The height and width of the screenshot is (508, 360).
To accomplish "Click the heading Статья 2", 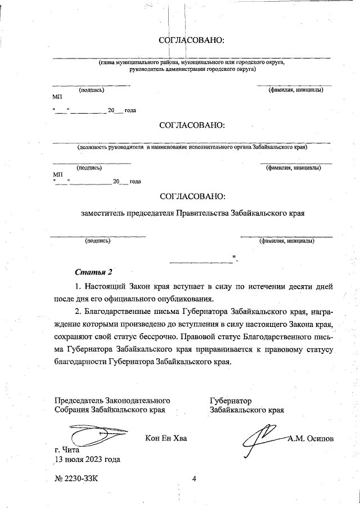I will click(x=91, y=273).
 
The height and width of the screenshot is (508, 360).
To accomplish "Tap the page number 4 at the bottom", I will click(x=193, y=479).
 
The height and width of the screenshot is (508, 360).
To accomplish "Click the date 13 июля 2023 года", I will click(x=87, y=459).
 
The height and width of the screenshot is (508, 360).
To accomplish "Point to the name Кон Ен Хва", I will click(x=165, y=438).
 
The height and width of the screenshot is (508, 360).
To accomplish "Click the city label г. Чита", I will click(x=66, y=450).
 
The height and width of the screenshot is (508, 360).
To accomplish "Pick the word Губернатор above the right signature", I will click(x=231, y=401).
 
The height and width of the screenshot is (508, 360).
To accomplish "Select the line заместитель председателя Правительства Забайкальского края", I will click(x=192, y=214).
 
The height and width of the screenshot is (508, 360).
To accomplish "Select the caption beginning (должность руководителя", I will click(x=192, y=147).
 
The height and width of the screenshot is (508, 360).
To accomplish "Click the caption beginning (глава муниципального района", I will click(x=192, y=66).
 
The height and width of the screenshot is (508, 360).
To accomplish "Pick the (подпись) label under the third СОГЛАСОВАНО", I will click(x=97, y=241).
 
